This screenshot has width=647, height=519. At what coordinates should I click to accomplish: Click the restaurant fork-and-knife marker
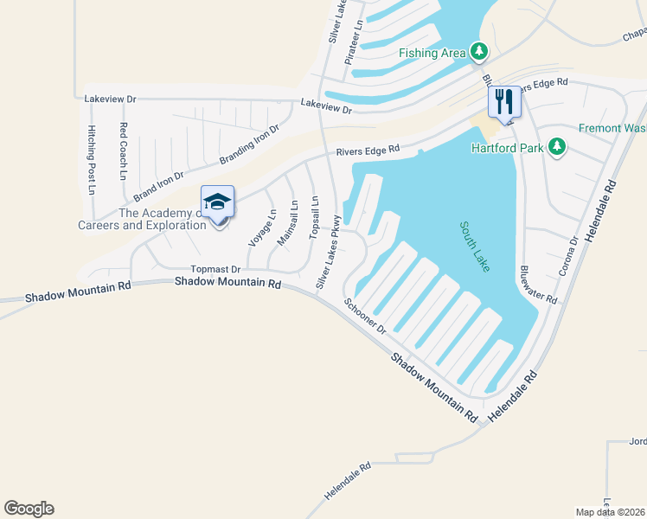(504, 102)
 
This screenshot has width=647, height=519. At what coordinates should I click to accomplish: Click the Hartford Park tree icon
(558, 148)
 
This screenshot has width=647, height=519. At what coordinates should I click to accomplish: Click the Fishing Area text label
(432, 53)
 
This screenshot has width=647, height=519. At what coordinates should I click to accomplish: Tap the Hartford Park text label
(507, 148)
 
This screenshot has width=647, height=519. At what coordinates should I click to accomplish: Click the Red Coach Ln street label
(123, 151)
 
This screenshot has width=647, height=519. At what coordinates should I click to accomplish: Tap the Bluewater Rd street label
(537, 285)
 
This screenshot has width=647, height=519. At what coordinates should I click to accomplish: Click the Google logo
(29, 509)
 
